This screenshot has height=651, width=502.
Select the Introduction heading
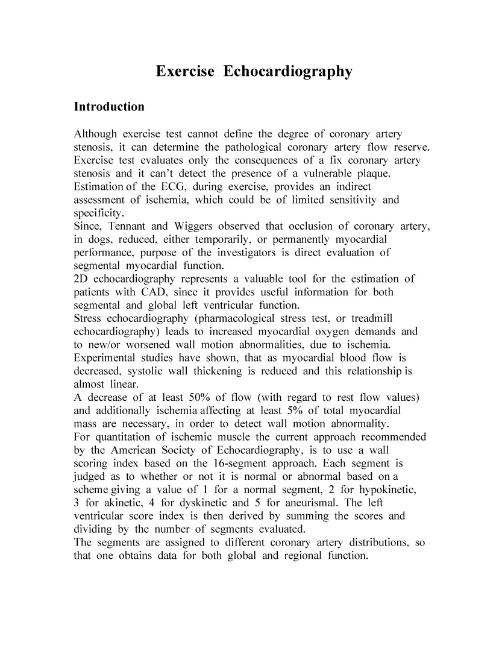click(109, 107)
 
